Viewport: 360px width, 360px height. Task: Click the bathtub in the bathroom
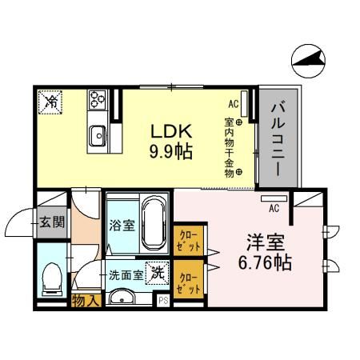coord(151,226)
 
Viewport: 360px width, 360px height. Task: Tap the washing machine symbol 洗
coord(159,272)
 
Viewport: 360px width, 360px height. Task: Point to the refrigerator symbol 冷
coord(50,102)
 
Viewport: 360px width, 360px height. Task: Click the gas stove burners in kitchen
coord(99,100)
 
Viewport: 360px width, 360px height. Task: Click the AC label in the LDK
coord(234,104)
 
